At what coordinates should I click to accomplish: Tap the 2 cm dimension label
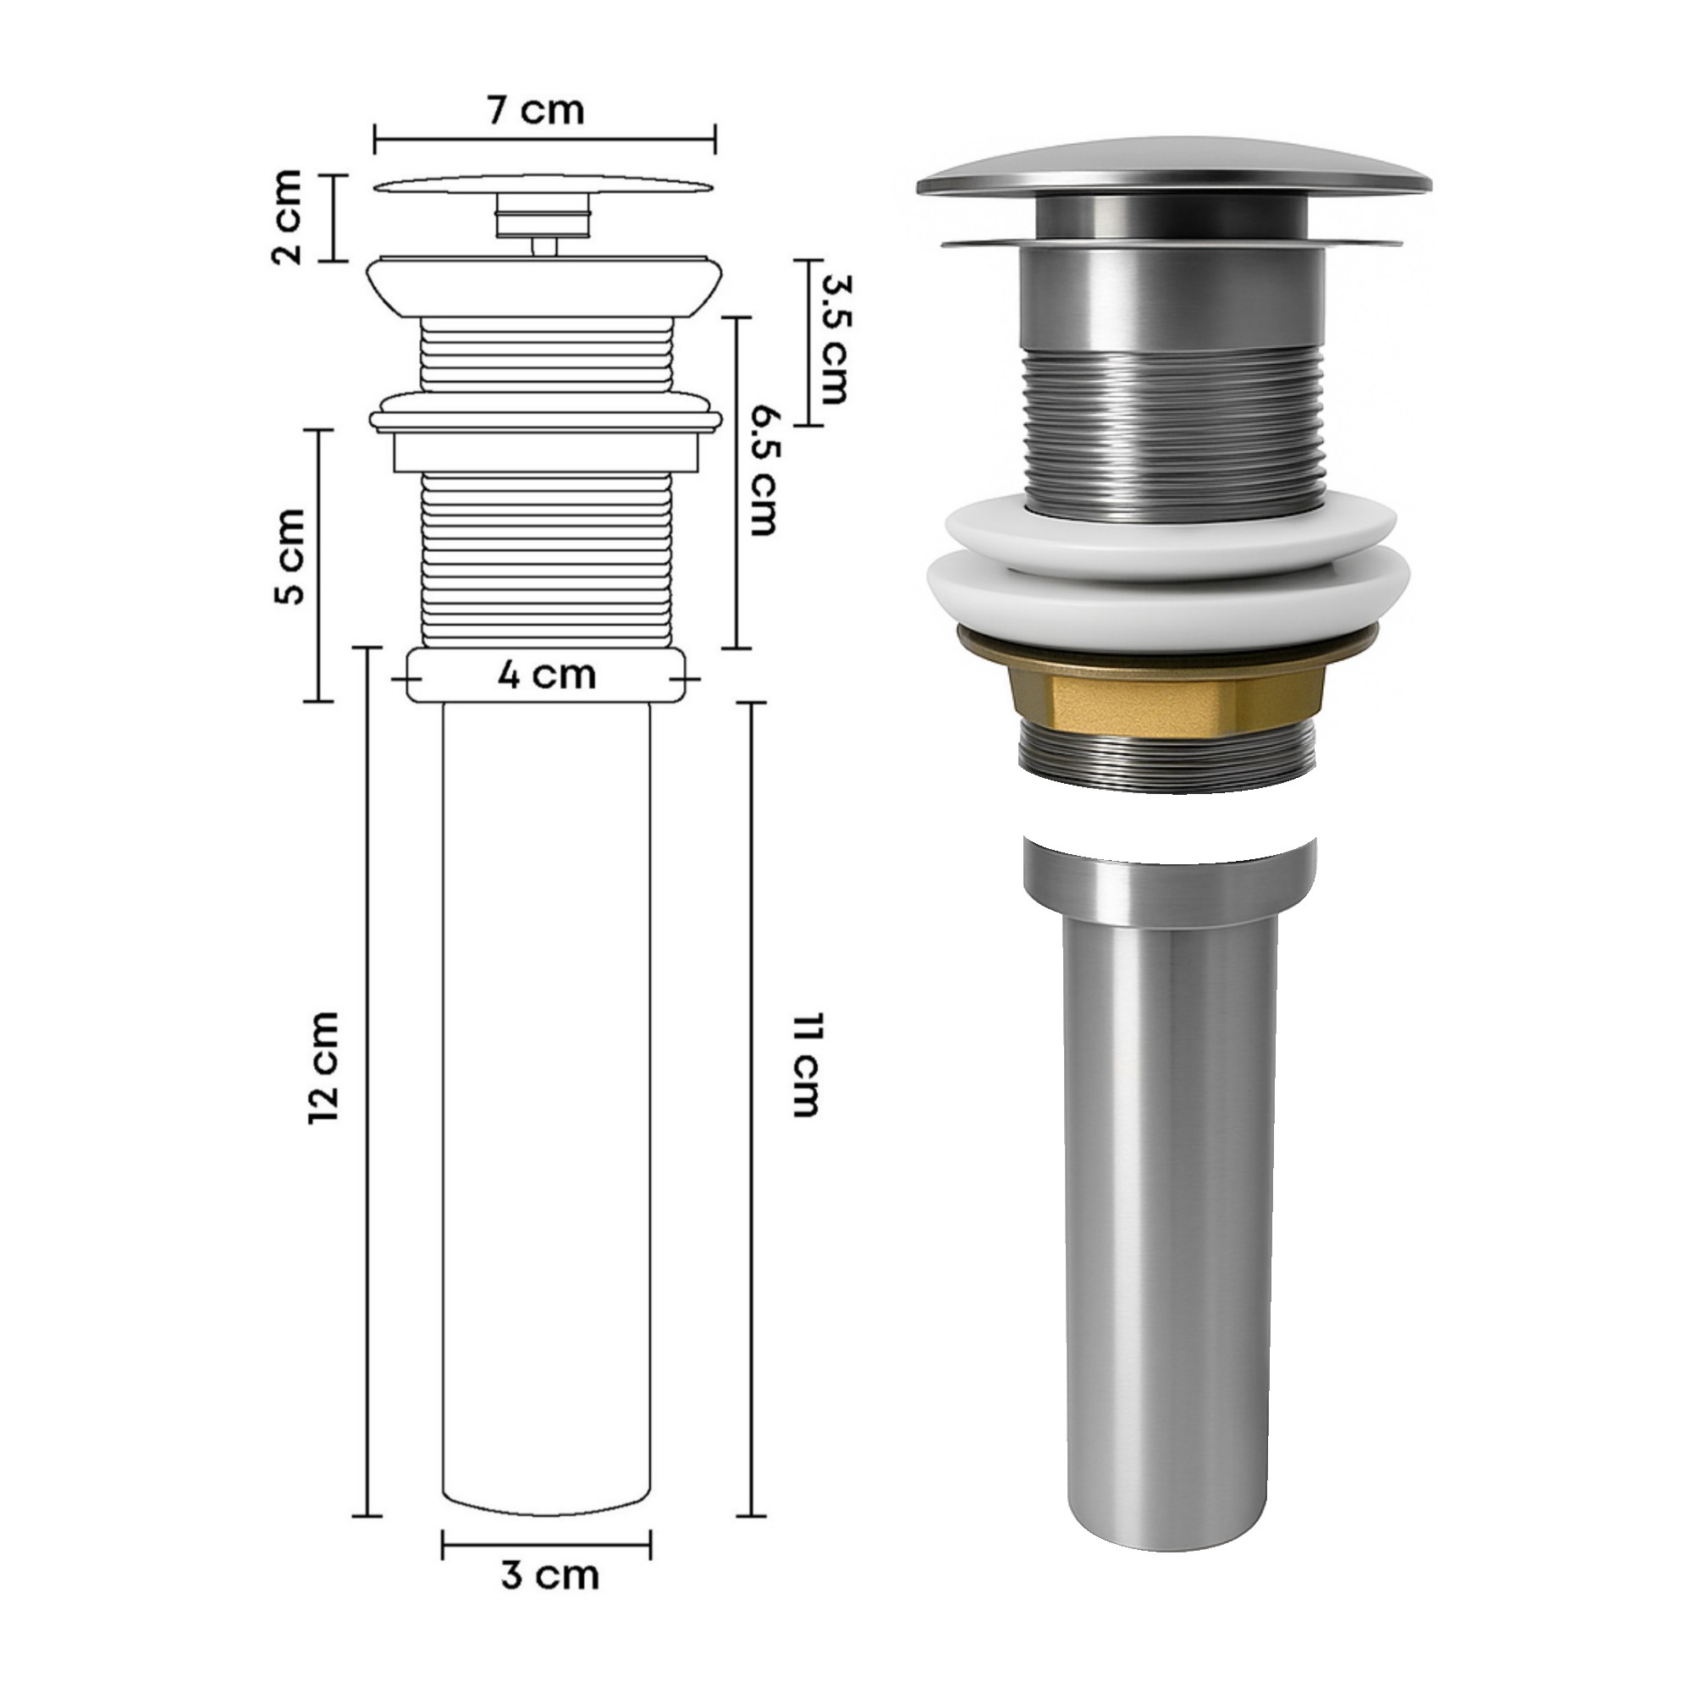tap(287, 218)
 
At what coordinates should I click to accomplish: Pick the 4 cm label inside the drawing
tap(547, 676)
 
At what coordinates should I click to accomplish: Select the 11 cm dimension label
tap(803, 1066)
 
